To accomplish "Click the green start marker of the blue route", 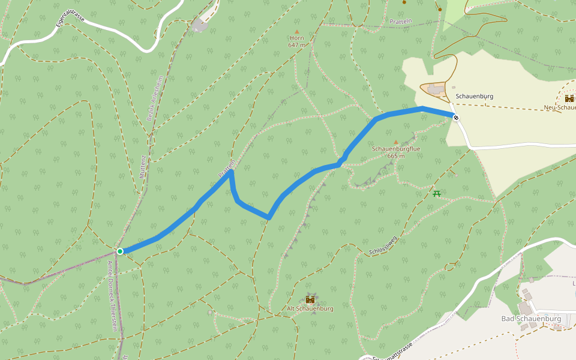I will click(120, 251).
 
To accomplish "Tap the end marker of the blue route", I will click(456, 118).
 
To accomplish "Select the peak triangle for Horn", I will click(296, 31).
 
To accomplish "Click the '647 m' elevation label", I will click(296, 45).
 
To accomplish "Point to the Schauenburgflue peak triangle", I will click(395, 142).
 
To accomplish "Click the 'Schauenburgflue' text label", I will click(396, 149).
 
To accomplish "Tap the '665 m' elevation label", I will click(396, 156).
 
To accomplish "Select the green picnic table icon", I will click(437, 193).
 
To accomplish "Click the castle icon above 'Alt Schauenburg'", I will click(310, 299).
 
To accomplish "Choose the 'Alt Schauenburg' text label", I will click(310, 308).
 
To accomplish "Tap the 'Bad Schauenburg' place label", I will click(531, 318).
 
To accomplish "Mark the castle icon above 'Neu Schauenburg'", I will click(569, 98).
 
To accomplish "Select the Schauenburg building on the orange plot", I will click(436, 89).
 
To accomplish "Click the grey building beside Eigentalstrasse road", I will click(199, 25).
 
